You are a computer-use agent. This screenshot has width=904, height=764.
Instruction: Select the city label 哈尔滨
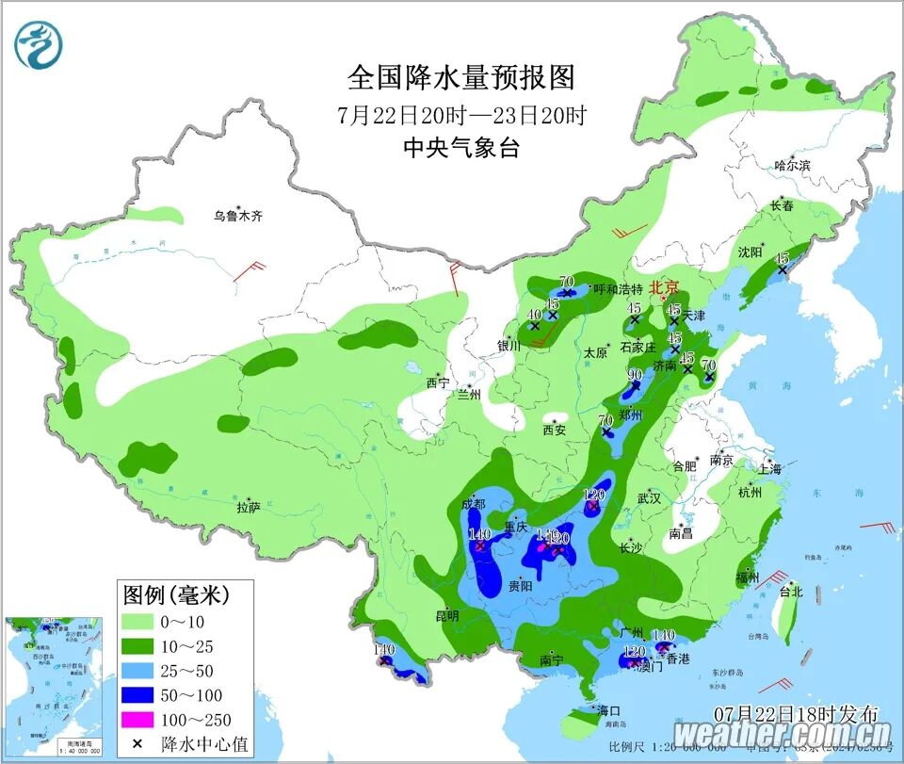pyautogui.click(x=792, y=165)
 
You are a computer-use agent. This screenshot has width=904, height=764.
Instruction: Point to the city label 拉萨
pyautogui.click(x=248, y=507)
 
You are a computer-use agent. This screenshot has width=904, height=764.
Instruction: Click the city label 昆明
pyautogui.click(x=446, y=616)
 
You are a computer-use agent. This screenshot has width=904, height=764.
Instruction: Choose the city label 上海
pyautogui.click(x=769, y=468)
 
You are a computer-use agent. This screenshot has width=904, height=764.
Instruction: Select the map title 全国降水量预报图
pyautogui.click(x=461, y=76)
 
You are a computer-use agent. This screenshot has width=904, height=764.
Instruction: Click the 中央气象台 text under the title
pyautogui.click(x=461, y=148)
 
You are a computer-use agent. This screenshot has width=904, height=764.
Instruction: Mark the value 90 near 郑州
pyautogui.click(x=635, y=375)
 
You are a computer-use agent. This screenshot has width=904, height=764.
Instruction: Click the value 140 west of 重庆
pyautogui.click(x=479, y=534)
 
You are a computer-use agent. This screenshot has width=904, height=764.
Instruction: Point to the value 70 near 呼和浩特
pyautogui.click(x=566, y=281)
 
